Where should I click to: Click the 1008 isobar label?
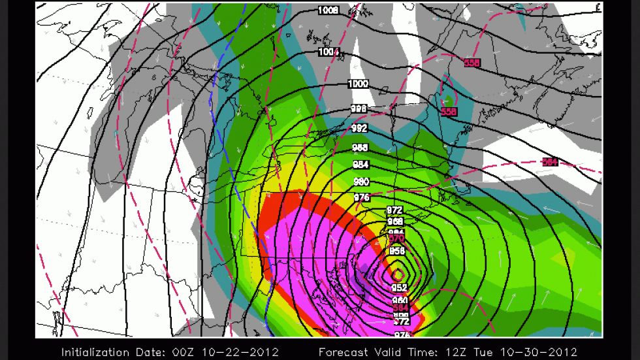click(328, 10)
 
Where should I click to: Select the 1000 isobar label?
click(358, 84)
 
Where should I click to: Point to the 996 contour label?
click(359, 108)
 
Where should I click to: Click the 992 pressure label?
click(360, 128)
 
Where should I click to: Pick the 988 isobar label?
click(360, 148)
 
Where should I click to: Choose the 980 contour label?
click(362, 182)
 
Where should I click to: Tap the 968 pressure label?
click(394, 221)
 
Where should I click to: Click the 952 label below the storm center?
click(400, 287)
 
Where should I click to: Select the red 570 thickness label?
click(397, 239)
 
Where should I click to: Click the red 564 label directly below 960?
click(400, 308)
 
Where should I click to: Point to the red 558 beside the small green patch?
click(448, 112)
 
